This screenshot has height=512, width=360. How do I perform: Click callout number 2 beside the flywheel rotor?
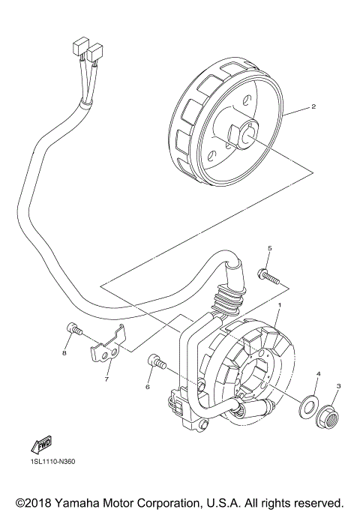[x=313, y=107]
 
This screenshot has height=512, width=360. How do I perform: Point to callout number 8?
[x=64, y=353]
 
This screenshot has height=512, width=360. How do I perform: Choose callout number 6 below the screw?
[x=148, y=387]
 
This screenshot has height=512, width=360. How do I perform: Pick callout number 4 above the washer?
[x=318, y=373]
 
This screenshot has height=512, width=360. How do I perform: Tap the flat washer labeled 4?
[x=307, y=407]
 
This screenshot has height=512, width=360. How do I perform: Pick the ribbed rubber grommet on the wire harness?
[x=226, y=303]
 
